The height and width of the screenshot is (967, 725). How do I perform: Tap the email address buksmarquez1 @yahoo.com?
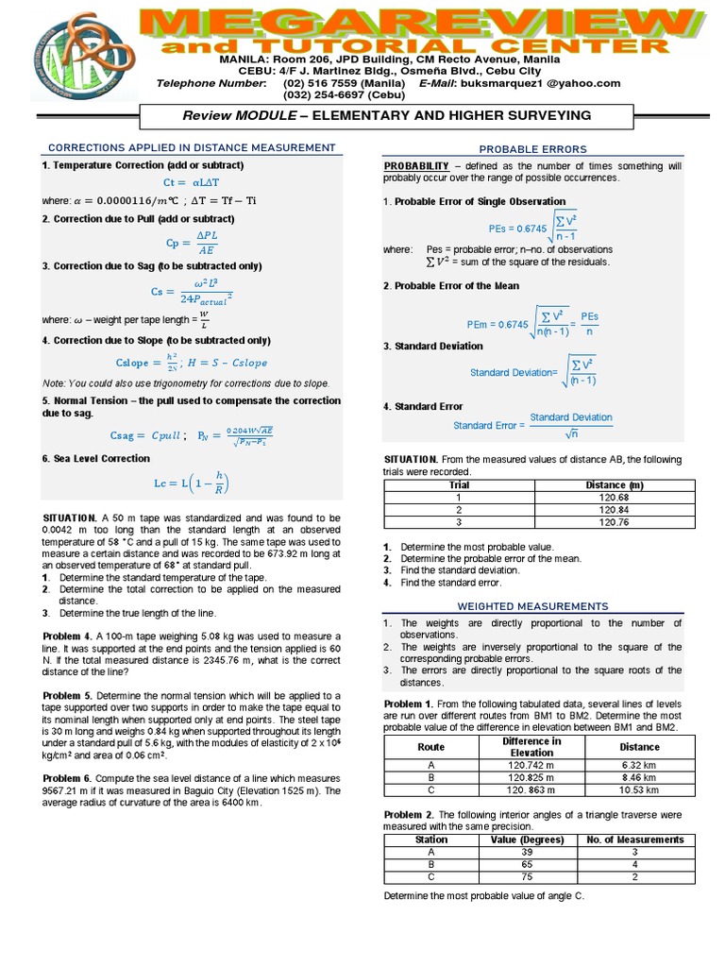pyautogui.click(x=553, y=83)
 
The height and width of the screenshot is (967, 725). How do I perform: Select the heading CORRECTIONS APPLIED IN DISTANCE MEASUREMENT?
pyautogui.click(x=192, y=147)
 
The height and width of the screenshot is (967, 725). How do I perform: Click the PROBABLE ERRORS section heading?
pyautogui.click(x=532, y=149)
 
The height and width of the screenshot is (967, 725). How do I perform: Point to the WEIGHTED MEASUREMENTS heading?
pyautogui.click(x=532, y=606)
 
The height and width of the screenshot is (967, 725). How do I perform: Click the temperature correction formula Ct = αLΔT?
pyautogui.click(x=190, y=181)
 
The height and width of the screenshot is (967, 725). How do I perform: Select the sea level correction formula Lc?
pyautogui.click(x=192, y=483)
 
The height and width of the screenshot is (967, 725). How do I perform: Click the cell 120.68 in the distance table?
pyautogui.click(x=614, y=497)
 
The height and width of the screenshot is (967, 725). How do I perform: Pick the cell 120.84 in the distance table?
pyautogui.click(x=614, y=509)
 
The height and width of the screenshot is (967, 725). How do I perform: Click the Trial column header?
pyautogui.click(x=459, y=484)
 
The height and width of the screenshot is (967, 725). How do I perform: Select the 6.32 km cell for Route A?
pyautogui.click(x=639, y=764)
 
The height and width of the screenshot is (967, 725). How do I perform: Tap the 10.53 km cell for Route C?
pyautogui.click(x=639, y=789)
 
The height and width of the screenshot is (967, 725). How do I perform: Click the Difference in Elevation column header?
pyautogui.click(x=532, y=746)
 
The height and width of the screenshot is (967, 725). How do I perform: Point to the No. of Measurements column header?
pyautogui.click(x=634, y=840)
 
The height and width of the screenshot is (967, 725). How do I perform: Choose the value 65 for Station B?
pyautogui.click(x=527, y=863)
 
